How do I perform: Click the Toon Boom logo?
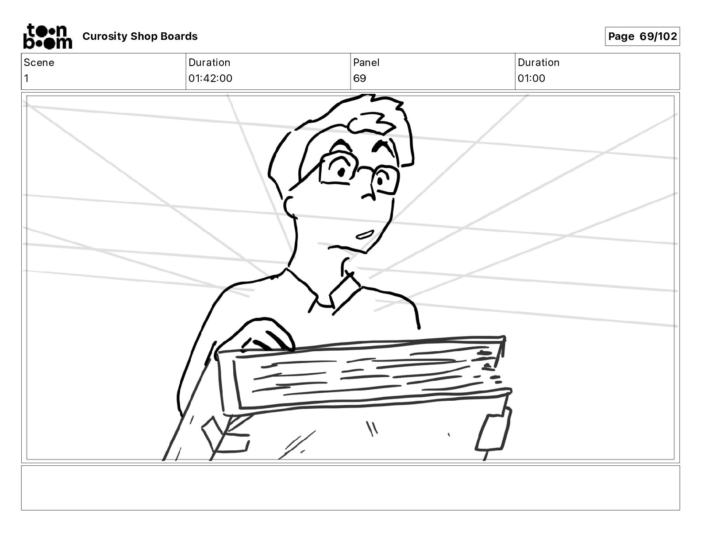[47, 36]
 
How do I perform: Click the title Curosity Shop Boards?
[140, 36]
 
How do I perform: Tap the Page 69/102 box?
[642, 36]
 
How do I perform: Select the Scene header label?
[39, 62]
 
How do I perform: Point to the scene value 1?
[27, 78]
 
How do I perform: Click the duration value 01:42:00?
[210, 78]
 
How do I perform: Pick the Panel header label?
[366, 62]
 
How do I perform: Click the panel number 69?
[359, 78]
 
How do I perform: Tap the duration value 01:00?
[531, 78]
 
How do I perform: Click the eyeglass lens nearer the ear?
[339, 168]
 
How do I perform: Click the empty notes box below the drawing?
[350, 488]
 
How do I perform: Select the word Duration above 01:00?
[538, 62]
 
